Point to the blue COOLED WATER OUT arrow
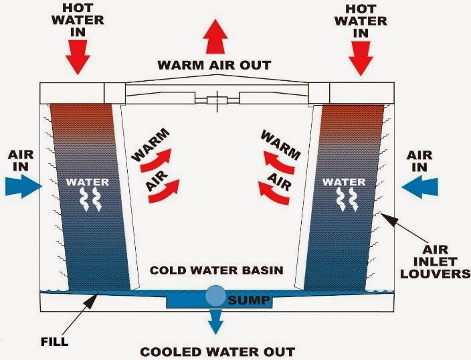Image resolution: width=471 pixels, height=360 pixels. coord(216,323)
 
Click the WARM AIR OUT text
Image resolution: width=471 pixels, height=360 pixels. coord(214,66)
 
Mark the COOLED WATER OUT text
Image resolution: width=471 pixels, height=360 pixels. coord(216,351)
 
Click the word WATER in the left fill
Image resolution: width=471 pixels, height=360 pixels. coord(87,181)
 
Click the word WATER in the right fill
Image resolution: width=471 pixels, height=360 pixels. coord(344,181)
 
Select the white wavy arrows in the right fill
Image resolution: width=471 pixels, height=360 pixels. coord(344,199)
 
